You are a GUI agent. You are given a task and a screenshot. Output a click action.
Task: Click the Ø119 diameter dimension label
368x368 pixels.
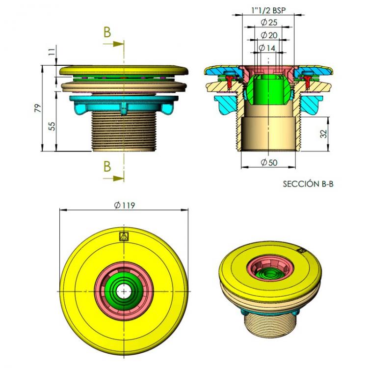(124, 205)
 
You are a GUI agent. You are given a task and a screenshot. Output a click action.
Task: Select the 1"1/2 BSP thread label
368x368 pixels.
(267, 10)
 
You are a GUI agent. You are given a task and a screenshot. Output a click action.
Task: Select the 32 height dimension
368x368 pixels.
(323, 133)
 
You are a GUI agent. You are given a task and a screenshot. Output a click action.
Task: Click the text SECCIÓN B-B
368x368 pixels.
(308, 184)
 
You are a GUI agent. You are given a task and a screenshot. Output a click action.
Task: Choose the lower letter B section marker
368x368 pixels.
(107, 166)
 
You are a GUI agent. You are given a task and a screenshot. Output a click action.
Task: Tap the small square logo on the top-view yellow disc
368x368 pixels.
(124, 236)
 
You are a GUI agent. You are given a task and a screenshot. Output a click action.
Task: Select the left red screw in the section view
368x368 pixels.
(230, 81)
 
